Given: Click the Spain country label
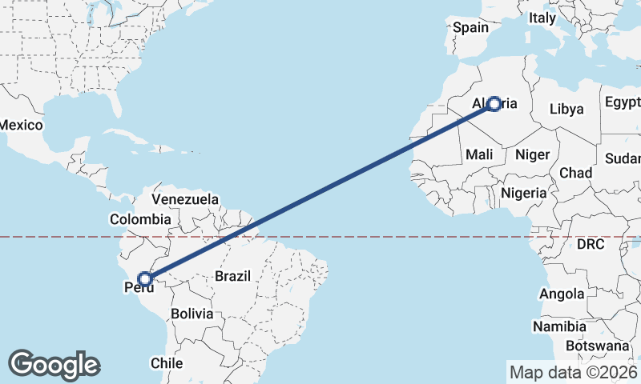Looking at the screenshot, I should coord(470,27).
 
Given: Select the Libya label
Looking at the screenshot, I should coord(566,109).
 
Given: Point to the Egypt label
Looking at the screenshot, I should coord(622,102).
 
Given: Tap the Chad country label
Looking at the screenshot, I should coord(576,173).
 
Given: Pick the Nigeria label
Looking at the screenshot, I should coord(523,193).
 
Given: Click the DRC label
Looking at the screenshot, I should coord(594,244).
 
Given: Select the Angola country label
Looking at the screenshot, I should coord(562,294).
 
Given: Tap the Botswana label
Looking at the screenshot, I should coord(597,346).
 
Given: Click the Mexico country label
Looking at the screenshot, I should coord(20,125).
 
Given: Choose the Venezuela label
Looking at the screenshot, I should coord(184,198).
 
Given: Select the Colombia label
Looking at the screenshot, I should coord(140,218).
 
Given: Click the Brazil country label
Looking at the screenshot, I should coord(232,276).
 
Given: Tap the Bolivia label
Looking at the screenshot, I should coord(191,314).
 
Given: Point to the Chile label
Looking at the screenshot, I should coord(167,362).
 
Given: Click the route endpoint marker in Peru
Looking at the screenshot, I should coord(145,278).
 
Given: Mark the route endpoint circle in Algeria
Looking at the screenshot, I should coord(494,103).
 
